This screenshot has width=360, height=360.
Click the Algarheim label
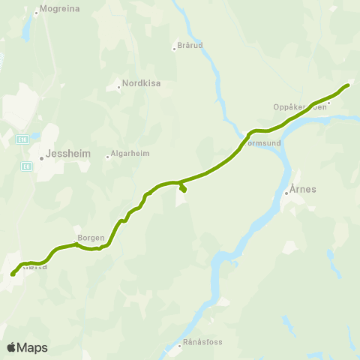pyautogui.click(x=130, y=153)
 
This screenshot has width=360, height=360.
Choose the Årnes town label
pyautogui.click(x=303, y=189)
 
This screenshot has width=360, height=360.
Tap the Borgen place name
pyautogui.click(x=91, y=238)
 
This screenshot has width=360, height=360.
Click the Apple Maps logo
pyautogui.click(x=27, y=347)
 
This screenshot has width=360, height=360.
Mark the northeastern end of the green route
pyautogui.click(x=348, y=85)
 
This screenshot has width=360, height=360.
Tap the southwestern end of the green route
pyautogui.click(x=13, y=274)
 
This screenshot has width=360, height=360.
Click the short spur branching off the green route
pyautogui.click(x=183, y=187)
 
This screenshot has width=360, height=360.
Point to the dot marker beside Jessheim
pyautogui.click(x=42, y=158)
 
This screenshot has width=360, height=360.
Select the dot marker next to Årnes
pyautogui.click(x=286, y=193)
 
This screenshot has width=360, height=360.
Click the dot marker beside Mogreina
pyautogui.click(x=36, y=13)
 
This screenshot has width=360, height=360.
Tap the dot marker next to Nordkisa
pyautogui.click(x=119, y=88)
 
